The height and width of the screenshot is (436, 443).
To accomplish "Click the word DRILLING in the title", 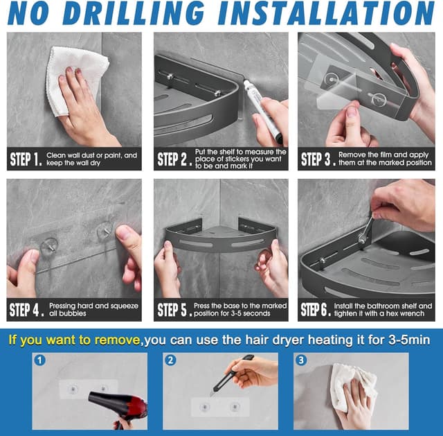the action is (x=134, y=13).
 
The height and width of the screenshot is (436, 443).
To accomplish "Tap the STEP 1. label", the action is (x=26, y=159).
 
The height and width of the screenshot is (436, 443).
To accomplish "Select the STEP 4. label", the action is (x=27, y=310).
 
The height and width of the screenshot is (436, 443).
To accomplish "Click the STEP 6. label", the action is (x=316, y=310).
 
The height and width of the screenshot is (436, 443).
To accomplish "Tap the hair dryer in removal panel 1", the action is (x=118, y=405).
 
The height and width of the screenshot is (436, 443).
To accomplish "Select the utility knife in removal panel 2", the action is (x=232, y=375).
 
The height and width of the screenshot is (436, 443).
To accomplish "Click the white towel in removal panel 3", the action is (x=353, y=387).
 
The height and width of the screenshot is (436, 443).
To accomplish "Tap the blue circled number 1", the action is (x=40, y=360).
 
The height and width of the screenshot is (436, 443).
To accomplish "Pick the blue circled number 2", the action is (x=170, y=360).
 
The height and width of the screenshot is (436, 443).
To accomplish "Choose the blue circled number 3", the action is (x=301, y=360).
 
